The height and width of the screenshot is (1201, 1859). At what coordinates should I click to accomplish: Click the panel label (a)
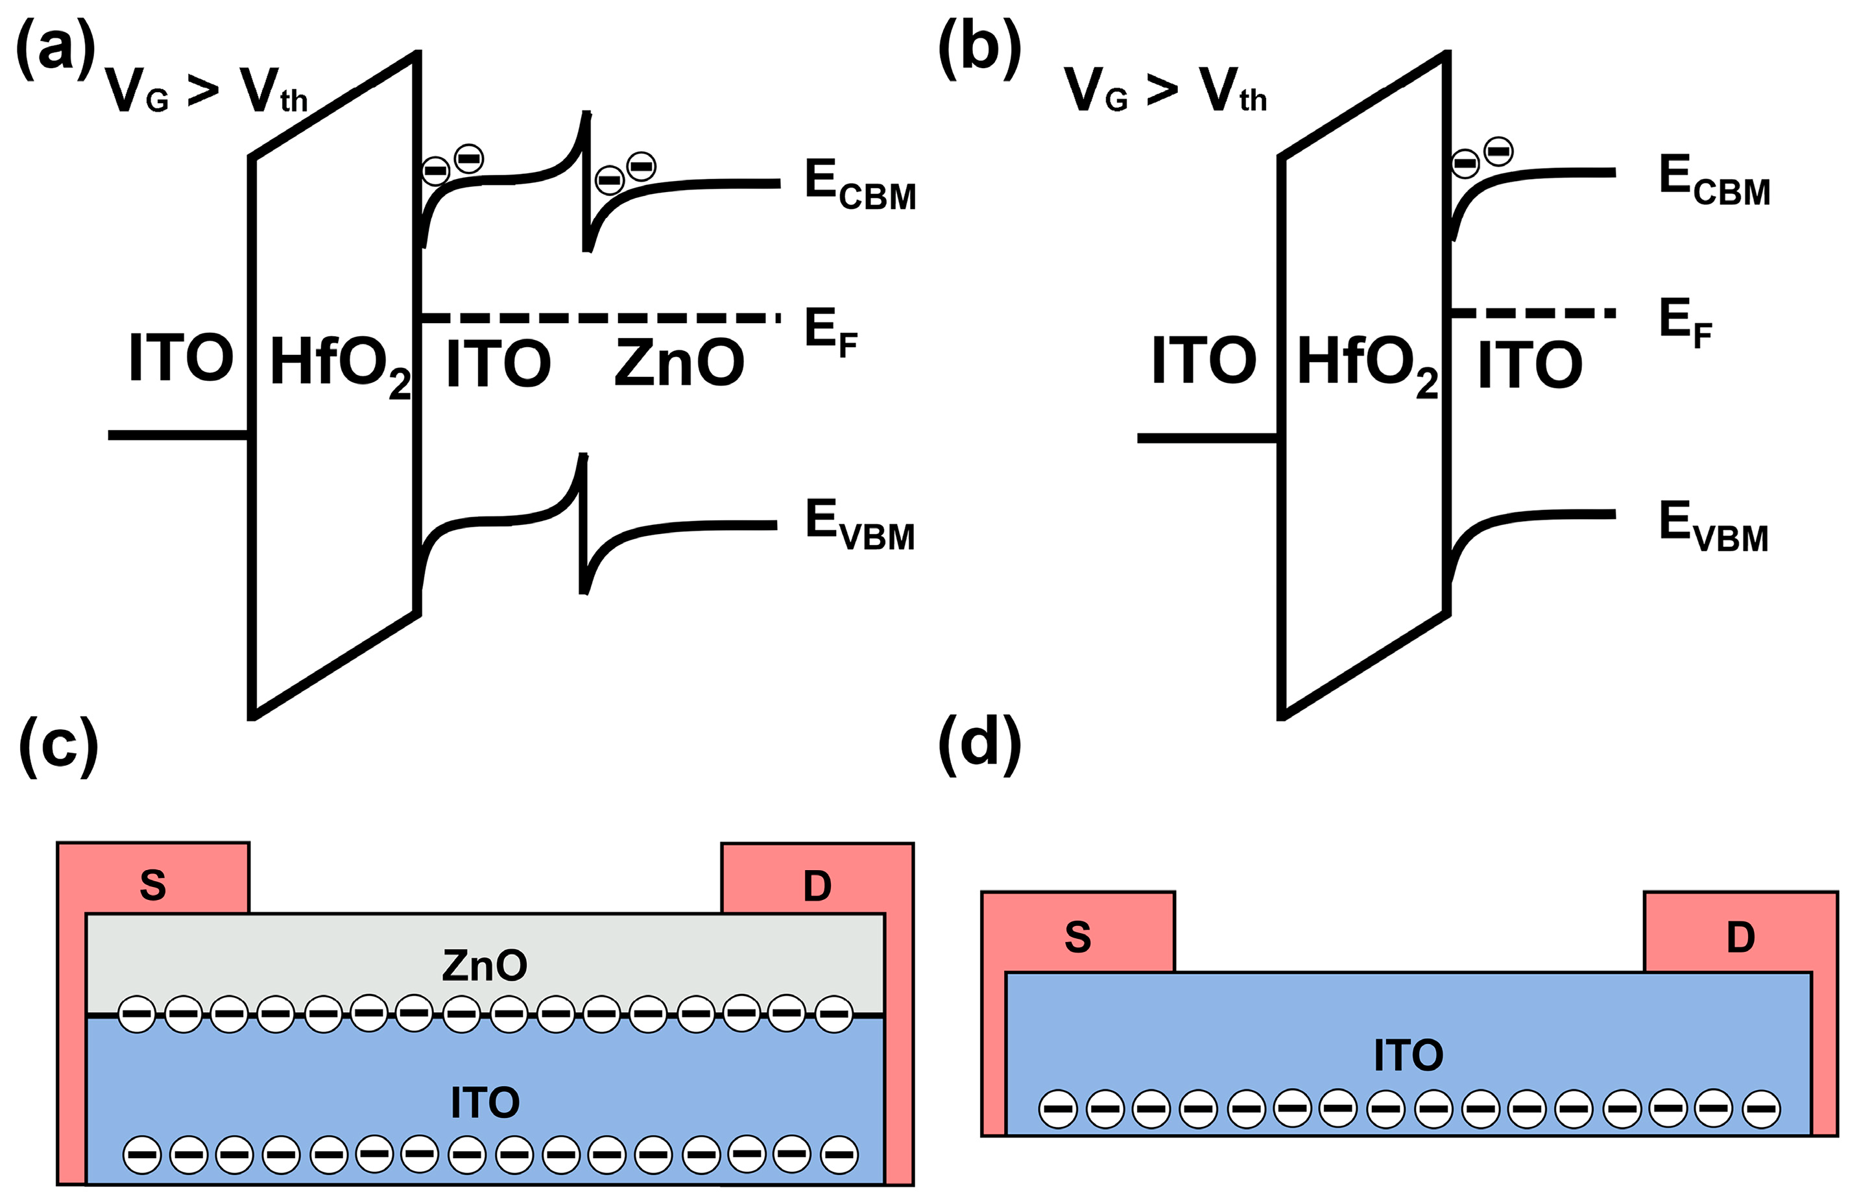click(x=54, y=49)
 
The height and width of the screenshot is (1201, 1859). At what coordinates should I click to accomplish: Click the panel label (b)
click(x=979, y=49)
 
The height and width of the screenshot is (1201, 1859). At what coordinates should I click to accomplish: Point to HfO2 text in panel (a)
click(x=339, y=364)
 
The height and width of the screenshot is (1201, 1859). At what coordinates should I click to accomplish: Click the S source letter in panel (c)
click(x=153, y=885)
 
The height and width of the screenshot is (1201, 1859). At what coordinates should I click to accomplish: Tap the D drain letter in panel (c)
click(x=817, y=886)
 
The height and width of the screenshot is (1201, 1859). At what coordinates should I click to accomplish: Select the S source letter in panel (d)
click(x=1077, y=937)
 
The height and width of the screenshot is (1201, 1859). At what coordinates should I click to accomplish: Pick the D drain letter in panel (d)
click(x=1740, y=937)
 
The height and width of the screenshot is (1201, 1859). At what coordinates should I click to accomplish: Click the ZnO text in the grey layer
click(x=484, y=965)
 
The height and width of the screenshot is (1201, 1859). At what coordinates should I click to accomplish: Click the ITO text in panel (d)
click(x=1408, y=1055)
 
